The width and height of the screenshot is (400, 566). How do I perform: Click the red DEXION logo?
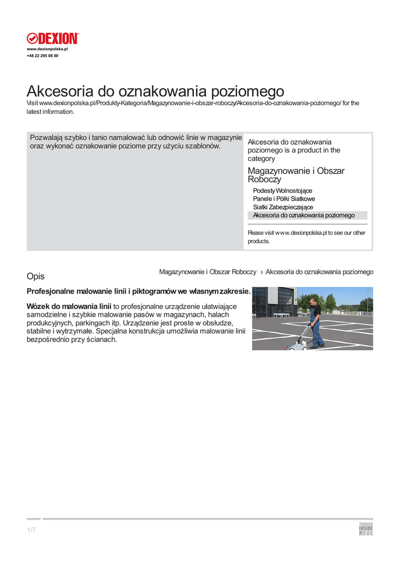click(53, 38)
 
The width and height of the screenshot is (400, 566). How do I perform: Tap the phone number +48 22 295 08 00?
click(43, 56)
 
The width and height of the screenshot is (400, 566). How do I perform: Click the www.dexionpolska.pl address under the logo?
click(47, 49)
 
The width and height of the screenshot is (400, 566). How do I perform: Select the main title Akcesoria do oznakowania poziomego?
click(155, 91)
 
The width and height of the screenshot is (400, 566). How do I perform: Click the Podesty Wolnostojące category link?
click(282, 191)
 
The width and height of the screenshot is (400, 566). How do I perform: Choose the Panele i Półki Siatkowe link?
click(284, 199)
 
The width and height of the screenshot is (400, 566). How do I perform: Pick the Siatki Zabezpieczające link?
click(283, 207)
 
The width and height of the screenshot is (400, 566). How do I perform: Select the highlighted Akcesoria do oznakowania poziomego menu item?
click(304, 216)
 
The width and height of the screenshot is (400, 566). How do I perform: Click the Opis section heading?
click(35, 276)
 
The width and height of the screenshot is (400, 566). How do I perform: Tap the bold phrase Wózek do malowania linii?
click(69, 306)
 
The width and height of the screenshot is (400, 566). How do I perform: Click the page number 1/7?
click(31, 531)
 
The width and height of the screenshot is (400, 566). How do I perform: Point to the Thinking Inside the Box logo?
click(366, 529)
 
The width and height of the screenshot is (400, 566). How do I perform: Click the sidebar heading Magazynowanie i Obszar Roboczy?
click(296, 175)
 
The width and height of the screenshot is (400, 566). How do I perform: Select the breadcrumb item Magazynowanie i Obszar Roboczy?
click(208, 272)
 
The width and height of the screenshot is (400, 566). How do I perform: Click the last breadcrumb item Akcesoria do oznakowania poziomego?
click(319, 272)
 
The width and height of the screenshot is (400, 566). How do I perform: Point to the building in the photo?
click(274, 301)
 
